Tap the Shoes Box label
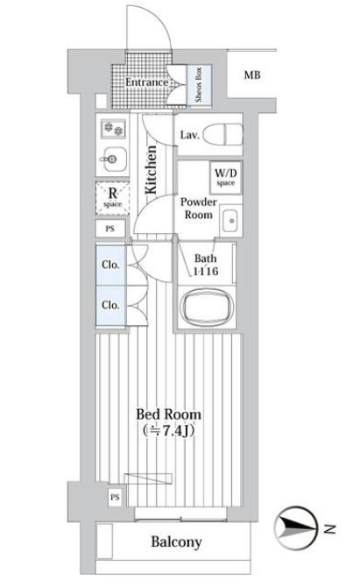[x=199, y=84]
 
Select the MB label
[x=252, y=76]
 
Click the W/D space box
[x=223, y=178]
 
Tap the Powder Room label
[x=198, y=207]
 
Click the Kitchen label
[x=151, y=170]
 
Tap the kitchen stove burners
[x=113, y=129]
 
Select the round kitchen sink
[x=112, y=159]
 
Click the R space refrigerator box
[x=112, y=195]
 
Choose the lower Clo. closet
[x=110, y=306]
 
